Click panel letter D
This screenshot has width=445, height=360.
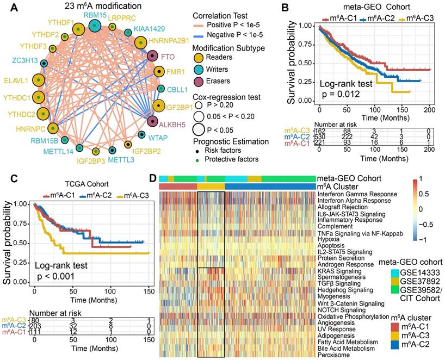(x=153, y=178)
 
